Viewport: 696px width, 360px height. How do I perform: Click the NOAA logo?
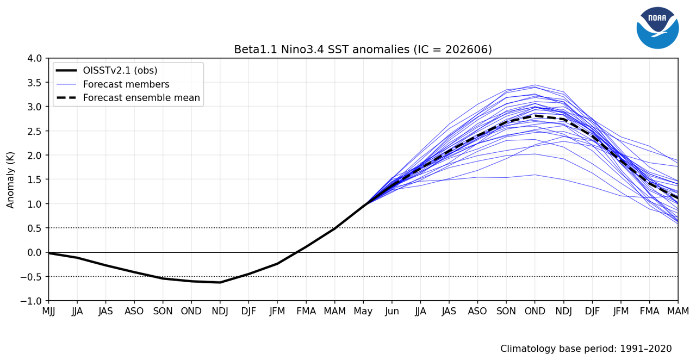[x=657, y=28]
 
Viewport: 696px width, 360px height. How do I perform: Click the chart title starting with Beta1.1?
[x=363, y=49]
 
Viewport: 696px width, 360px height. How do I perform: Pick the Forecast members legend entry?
[x=113, y=84]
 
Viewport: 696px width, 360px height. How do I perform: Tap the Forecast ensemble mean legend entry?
[x=128, y=98]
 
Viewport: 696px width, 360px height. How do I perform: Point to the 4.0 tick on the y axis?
[x=34, y=58]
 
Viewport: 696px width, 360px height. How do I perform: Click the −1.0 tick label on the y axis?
[x=31, y=301]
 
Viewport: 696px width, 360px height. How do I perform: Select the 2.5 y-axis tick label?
[x=34, y=131]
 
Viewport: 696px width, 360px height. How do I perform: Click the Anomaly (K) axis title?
[x=10, y=180]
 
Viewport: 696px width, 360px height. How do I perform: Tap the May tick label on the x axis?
[x=363, y=311]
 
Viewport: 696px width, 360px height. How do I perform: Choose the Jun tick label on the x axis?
[x=392, y=311]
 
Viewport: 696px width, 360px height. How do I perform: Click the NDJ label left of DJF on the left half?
[x=220, y=311]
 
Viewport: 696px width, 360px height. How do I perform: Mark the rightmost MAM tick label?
[x=678, y=311]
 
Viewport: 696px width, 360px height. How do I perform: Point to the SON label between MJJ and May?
[x=163, y=311]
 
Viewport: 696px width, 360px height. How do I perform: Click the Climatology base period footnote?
[x=586, y=349]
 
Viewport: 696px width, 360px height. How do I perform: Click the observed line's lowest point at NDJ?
[x=220, y=283]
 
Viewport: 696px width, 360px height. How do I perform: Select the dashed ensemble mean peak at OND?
[x=535, y=116]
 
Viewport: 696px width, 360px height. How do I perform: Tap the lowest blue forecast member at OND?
[x=535, y=175]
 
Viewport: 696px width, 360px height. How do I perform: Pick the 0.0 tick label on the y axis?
[x=34, y=252]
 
